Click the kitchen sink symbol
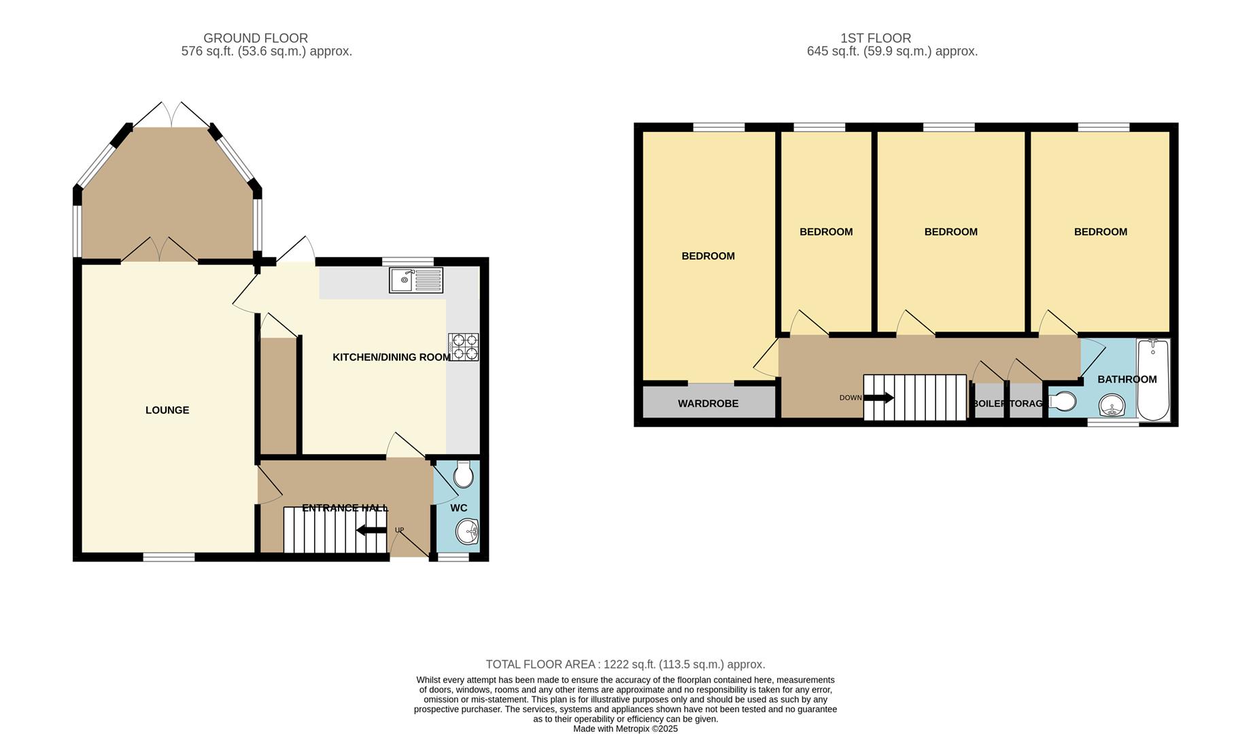415,280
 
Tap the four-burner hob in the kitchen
463,347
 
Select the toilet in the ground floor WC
464,474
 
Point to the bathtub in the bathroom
1153,381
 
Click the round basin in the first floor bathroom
1112,406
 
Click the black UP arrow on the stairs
371,531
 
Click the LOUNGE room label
167,410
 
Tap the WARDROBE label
708,404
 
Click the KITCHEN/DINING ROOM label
391,357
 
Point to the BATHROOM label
1127,379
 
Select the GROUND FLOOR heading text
256,38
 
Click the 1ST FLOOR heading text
876,38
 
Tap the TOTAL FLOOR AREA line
625,665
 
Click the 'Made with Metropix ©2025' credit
625,729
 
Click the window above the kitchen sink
408,262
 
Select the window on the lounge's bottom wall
169,557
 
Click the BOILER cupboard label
989,404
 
